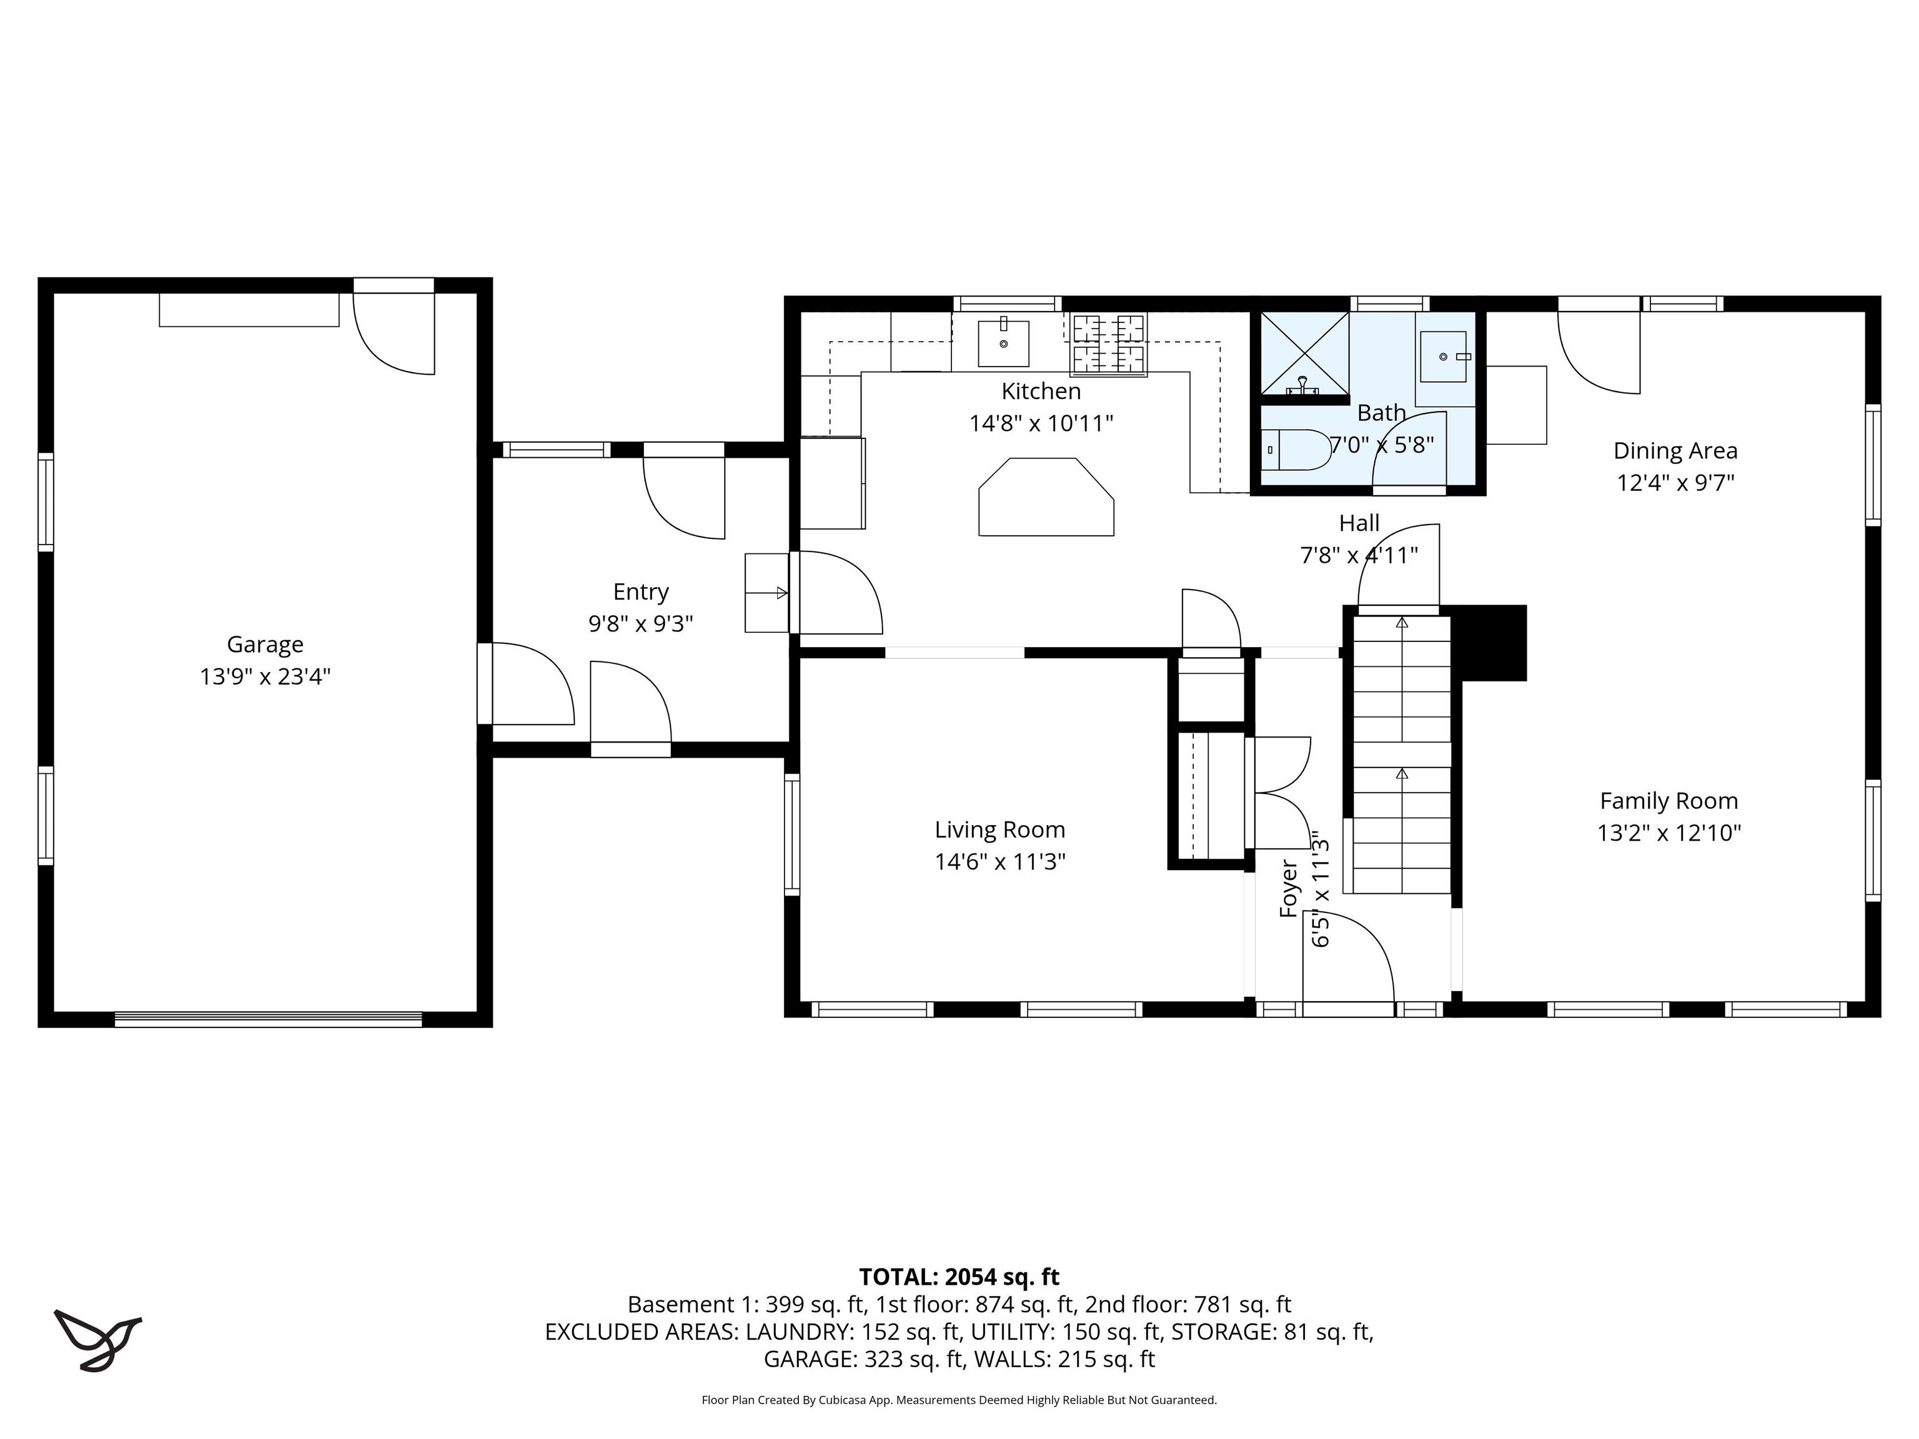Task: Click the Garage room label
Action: pos(265,645)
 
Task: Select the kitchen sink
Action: pos(1004,344)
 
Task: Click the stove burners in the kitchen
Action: pos(1109,344)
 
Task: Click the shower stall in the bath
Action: pos(1304,353)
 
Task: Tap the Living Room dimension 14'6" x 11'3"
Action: pos(999,861)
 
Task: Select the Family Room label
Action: pos(1669,801)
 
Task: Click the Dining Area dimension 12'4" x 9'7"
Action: pos(1674,482)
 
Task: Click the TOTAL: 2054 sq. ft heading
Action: pos(959,1277)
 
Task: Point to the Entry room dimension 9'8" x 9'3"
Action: pos(640,624)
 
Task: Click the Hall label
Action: pos(1359,523)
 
